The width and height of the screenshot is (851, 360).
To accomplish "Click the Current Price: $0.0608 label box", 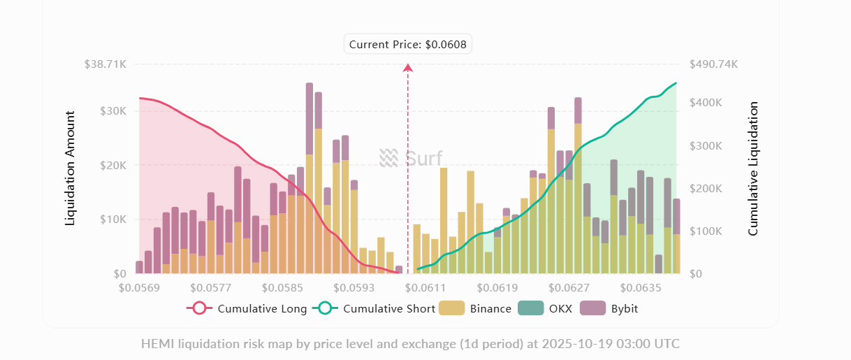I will [409, 44].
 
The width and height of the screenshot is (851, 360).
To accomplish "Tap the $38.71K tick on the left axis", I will [105, 64].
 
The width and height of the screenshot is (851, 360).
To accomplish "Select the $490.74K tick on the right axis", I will [713, 64].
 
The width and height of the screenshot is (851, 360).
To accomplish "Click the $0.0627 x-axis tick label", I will [569, 287].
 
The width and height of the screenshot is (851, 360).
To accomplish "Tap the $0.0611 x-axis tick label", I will [425, 287].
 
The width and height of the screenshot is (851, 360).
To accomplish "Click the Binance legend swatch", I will [451, 308].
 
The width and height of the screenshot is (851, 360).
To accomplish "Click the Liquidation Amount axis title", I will [70, 167].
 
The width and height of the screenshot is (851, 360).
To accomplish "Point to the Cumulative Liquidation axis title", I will [753, 168].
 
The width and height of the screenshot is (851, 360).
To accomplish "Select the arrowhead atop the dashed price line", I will [408, 67].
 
